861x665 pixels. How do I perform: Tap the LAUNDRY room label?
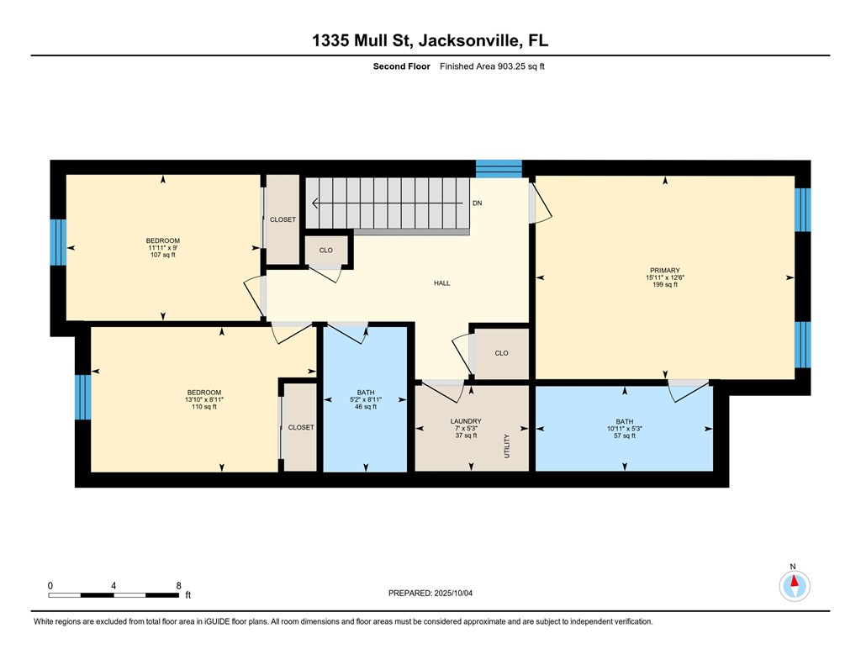[x=465, y=421]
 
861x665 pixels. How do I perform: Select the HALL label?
[x=441, y=283]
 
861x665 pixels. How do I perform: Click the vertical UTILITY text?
[x=507, y=446]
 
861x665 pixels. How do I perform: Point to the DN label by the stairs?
[x=477, y=203]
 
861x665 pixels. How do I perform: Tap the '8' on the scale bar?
[x=178, y=585]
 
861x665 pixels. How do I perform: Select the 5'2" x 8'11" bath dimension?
[x=365, y=399]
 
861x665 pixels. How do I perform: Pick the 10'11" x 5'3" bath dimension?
[x=624, y=429]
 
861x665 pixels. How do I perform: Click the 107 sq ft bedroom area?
[x=163, y=255]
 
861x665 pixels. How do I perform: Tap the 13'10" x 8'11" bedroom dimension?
[x=204, y=399]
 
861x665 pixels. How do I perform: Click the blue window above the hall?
[x=499, y=168]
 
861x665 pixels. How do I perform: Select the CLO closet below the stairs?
[x=325, y=250]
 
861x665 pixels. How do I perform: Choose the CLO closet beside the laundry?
[x=501, y=353]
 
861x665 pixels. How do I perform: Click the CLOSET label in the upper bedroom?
[x=283, y=219]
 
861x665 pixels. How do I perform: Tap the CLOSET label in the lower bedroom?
[x=300, y=427]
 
